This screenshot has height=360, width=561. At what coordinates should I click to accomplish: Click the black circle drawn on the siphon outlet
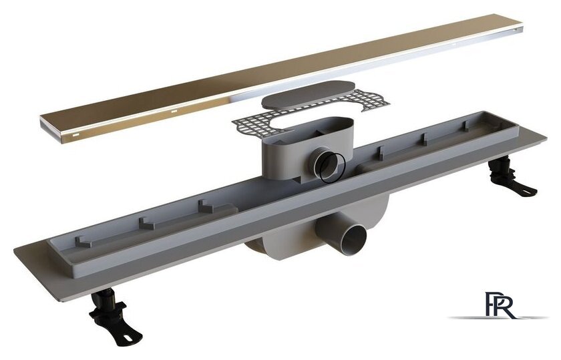333,168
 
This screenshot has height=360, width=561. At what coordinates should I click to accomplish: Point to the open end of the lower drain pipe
353,239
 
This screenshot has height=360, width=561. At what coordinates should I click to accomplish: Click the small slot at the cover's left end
76,136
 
